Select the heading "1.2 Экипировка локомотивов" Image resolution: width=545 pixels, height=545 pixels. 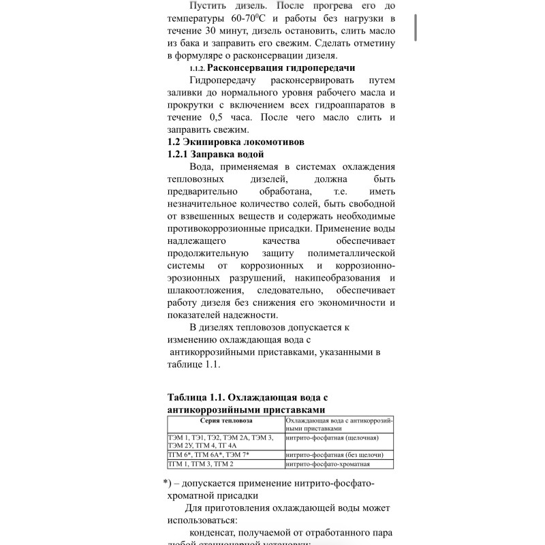(x=231, y=142)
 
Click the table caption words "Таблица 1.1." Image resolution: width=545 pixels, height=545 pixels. (x=196, y=396)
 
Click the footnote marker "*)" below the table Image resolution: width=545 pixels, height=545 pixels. (x=168, y=483)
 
